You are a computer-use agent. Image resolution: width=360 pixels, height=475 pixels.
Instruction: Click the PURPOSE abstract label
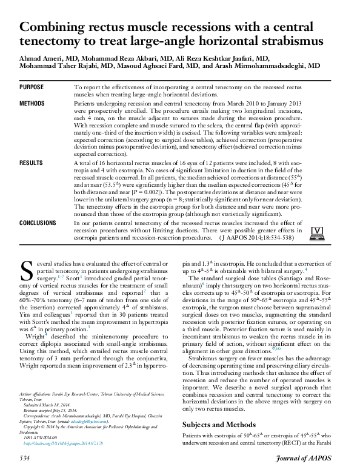tap(32, 88)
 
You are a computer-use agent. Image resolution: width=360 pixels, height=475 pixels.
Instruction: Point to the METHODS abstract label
tap(32, 104)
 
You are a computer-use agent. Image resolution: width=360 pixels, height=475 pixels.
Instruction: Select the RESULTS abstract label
tap(31, 164)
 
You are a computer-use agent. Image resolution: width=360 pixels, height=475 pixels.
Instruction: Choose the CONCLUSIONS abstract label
tap(38, 223)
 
